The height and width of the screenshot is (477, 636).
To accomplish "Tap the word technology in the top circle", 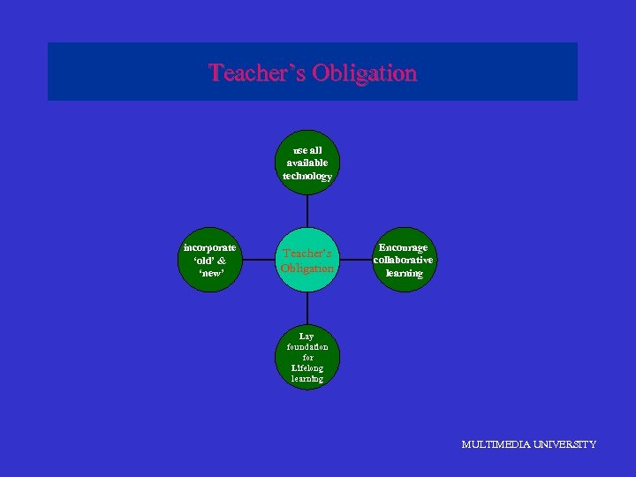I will [x=307, y=176].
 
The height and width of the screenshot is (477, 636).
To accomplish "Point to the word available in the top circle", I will [x=307, y=163].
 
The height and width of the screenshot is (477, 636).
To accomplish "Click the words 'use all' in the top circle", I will [x=307, y=150].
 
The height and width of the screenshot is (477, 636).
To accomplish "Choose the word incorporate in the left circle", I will [x=209, y=247].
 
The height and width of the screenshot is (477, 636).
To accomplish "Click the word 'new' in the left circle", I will [x=209, y=273].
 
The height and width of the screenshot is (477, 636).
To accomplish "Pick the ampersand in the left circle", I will [x=221, y=261].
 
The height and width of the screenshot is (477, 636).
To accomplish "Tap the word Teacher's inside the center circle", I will [x=307, y=254].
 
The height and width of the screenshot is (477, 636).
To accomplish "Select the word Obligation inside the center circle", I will [x=307, y=268].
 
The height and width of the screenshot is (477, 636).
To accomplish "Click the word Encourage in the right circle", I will [x=403, y=247].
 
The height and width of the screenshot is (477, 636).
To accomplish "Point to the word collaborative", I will [x=403, y=260].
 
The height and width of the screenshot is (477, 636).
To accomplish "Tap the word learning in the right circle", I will [x=403, y=273].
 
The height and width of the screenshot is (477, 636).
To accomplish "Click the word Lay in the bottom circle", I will [x=307, y=337].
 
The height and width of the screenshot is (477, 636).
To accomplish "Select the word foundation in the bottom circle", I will [x=307, y=347].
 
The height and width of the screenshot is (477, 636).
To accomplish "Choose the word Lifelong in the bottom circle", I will [x=307, y=367].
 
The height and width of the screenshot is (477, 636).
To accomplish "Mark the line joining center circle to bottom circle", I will [x=307, y=309].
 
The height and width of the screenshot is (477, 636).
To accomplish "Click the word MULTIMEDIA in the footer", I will [x=496, y=444].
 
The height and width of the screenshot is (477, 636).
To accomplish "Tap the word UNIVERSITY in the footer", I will [x=565, y=444].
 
